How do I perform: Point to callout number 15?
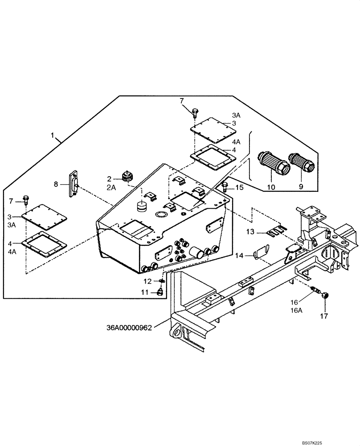point(239,188)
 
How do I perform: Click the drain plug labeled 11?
point(158,293)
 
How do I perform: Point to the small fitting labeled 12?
point(161,281)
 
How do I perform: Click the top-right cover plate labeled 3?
point(213,128)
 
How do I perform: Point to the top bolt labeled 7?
point(195,111)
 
